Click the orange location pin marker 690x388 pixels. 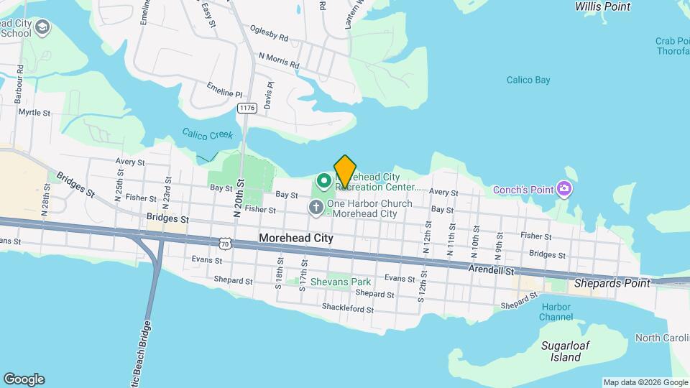click(x=345, y=171)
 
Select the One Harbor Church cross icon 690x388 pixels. click(x=316, y=208)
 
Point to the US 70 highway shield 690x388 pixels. click(x=226, y=244)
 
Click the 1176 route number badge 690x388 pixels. click(x=247, y=108)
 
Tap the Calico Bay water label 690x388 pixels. click(x=528, y=80)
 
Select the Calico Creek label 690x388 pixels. click(x=207, y=134)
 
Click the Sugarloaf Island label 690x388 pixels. click(x=561, y=351)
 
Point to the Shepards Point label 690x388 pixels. click(x=612, y=283)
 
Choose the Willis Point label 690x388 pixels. click(x=602, y=6)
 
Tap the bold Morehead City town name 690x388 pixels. click(x=296, y=238)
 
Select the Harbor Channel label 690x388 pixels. click(x=556, y=312)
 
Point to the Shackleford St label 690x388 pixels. click(x=348, y=309)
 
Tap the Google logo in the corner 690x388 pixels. click(x=24, y=379)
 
